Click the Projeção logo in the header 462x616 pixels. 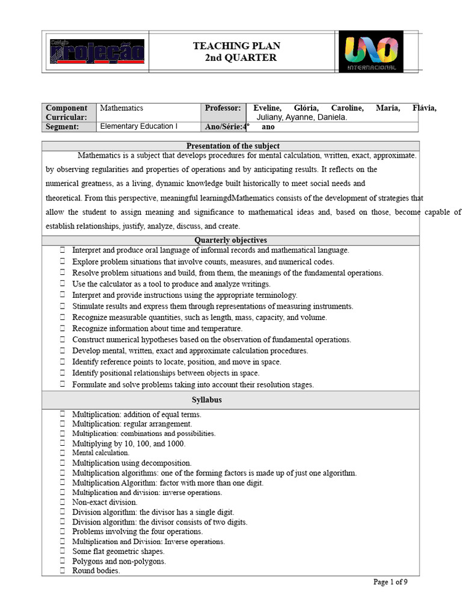tap(97, 52)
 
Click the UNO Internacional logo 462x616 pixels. tap(371, 52)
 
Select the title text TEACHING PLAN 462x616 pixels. tap(236, 46)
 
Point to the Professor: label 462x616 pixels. tap(223, 108)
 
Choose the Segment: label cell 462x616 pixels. tap(63, 127)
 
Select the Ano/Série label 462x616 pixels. tap(226, 127)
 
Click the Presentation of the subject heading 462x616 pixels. tap(233, 146)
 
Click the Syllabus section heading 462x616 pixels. tap(207, 400)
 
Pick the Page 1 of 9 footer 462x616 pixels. tap(390, 582)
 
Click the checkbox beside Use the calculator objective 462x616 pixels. tap(62, 284)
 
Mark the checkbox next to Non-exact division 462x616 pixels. tap(62, 502)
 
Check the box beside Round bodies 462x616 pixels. tap(62, 571)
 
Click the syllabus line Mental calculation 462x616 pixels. tap(100, 452)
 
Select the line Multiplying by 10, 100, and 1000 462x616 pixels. tap(129, 443)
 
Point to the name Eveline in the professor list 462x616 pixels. tap(271, 108)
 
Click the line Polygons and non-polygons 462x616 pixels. tap(119, 561)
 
